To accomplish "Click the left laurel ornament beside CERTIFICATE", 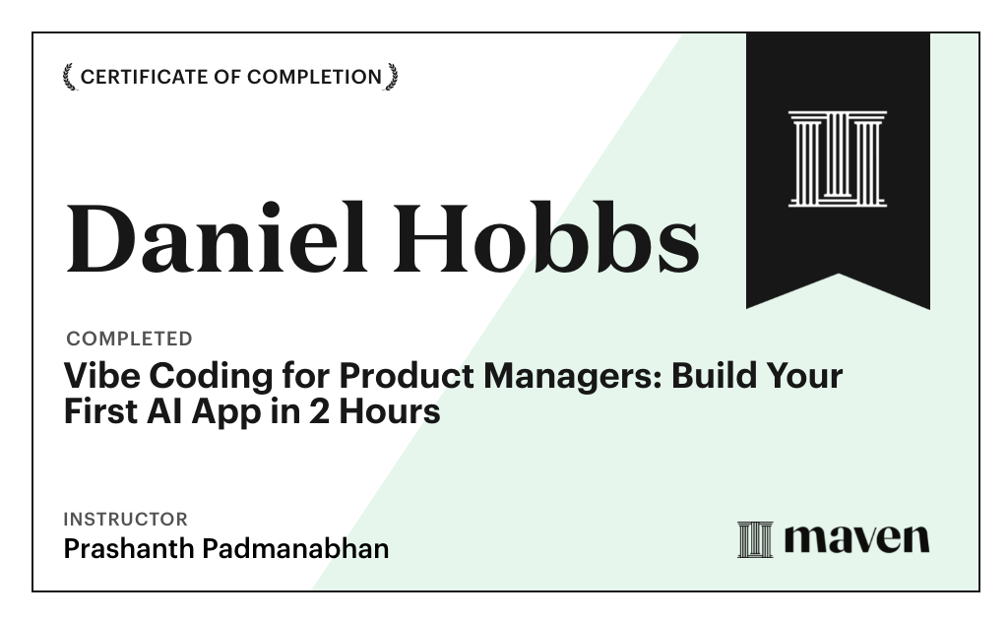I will [69, 77].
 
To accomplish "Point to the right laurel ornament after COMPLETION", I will [392, 77].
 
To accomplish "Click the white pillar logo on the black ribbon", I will [838, 158].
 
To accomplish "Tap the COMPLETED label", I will [129, 339].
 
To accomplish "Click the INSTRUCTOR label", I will [125, 519].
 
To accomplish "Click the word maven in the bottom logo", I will [855, 538].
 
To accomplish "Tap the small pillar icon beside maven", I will [755, 539].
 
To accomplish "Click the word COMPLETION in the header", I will [314, 77].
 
